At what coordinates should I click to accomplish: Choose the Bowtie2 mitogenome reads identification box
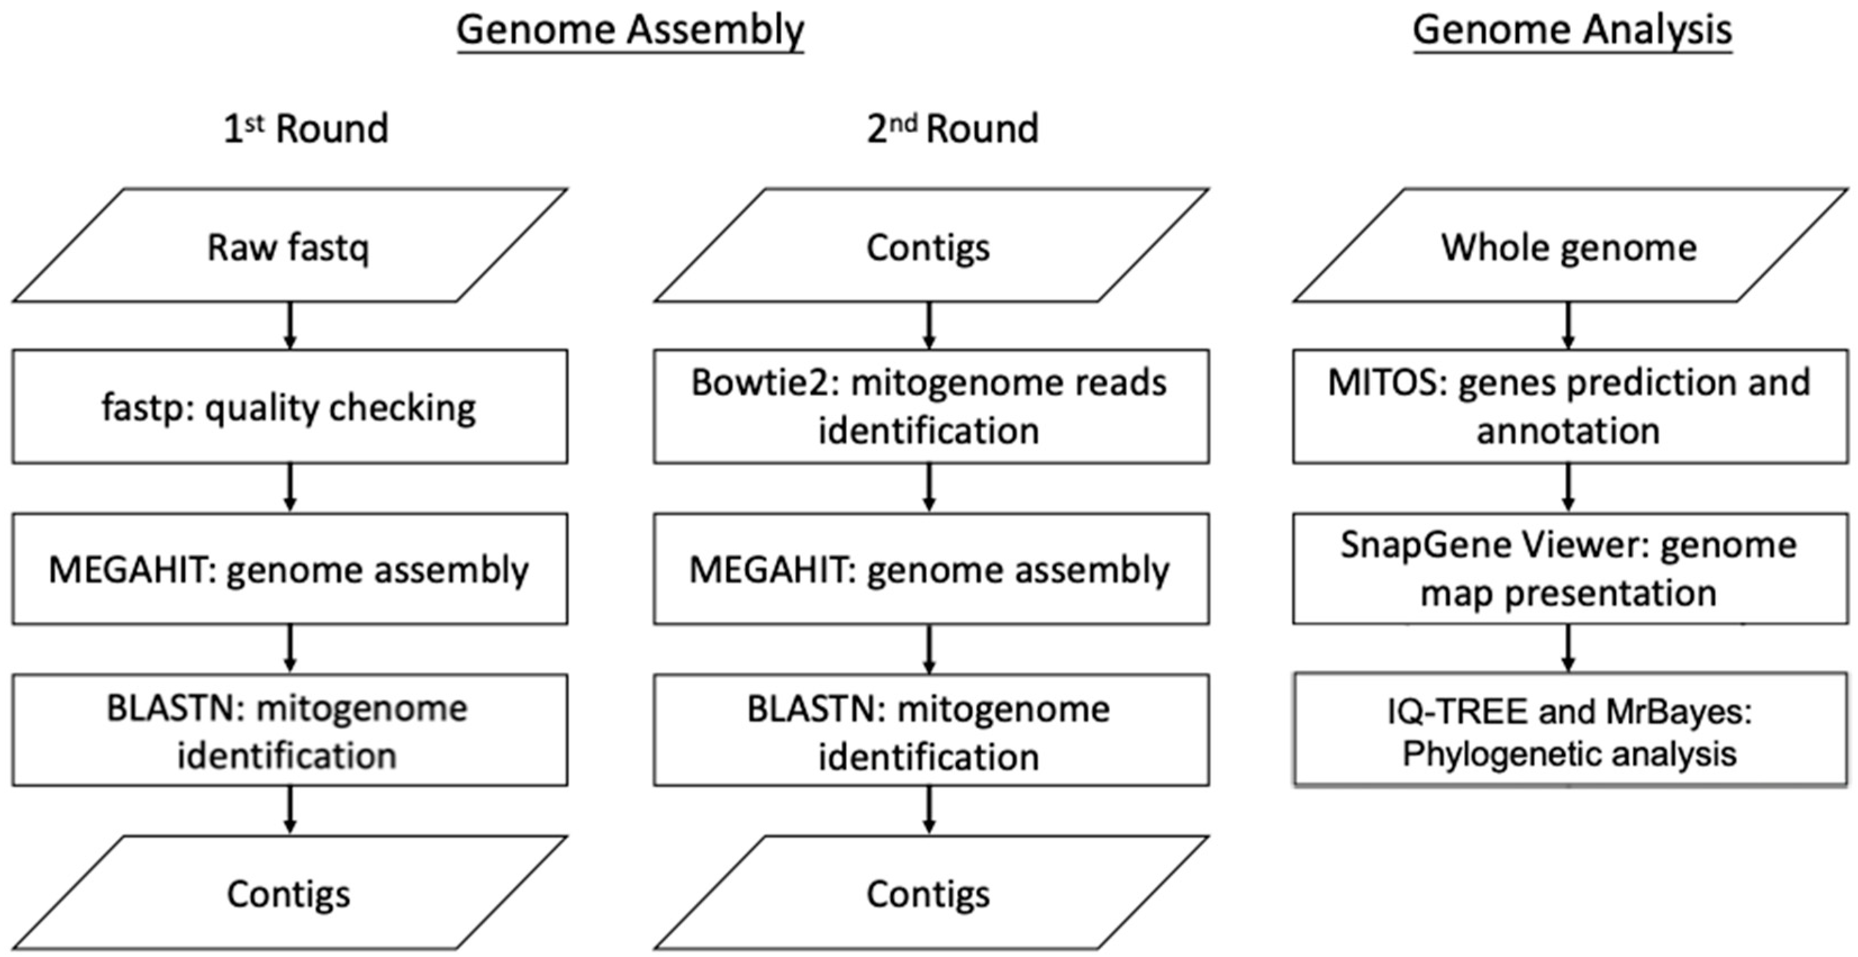click(931, 407)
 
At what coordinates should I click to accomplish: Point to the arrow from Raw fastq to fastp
click(290, 326)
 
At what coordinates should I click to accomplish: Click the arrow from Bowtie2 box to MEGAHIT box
click(929, 488)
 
